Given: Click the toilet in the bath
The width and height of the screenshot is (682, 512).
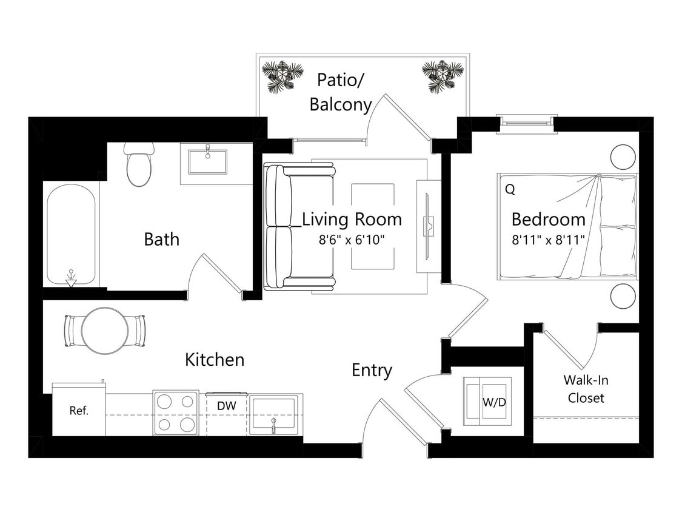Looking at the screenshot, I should point(139,166).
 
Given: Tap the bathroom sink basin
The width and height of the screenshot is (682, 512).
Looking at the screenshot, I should point(207,162).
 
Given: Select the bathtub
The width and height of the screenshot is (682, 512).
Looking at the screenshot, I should point(71,235).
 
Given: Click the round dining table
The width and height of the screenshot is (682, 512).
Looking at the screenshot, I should point(105,331).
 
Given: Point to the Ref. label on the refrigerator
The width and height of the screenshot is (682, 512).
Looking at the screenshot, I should point(79,411).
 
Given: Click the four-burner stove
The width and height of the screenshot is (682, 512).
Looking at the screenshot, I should point(175,413).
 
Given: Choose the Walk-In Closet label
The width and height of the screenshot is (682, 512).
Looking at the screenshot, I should point(585,389).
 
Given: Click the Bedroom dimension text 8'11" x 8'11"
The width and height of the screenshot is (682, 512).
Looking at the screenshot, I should point(548,239).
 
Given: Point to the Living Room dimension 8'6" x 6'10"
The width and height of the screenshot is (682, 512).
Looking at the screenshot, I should point(352,239).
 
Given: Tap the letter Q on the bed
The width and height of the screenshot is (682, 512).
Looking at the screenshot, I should point(510,189).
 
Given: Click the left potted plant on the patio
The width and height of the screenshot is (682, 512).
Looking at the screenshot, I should point(282,76).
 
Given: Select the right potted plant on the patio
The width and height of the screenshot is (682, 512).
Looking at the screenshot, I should point(443,76).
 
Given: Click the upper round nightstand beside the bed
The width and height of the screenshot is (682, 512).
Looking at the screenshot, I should point(623,157).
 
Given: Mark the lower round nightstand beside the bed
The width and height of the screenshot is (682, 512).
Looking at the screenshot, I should point(623,297).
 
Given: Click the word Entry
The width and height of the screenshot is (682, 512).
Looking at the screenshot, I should point(372,370).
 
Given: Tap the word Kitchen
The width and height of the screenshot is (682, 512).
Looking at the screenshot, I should point(215,360).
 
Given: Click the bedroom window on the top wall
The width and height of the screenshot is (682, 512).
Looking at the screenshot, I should point(525,124).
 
